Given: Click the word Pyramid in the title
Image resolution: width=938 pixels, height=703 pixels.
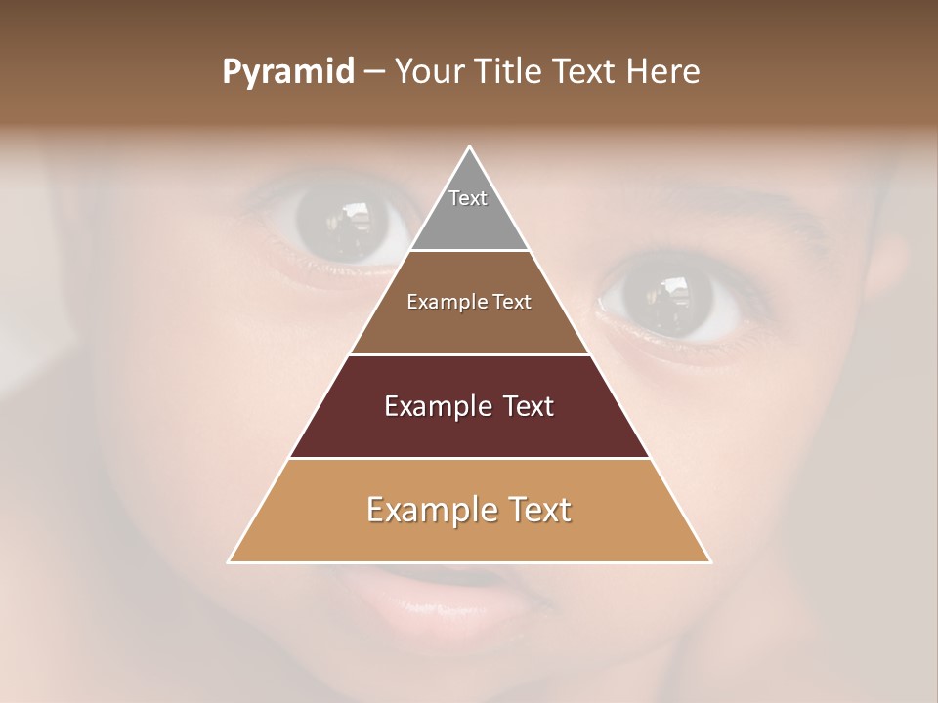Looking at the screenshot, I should [x=288, y=72].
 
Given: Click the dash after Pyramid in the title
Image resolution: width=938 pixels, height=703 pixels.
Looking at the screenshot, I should [x=374, y=73].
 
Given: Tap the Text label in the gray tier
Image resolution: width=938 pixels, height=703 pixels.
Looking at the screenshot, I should [x=468, y=198].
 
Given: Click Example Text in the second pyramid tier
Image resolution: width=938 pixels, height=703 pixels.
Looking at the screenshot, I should [x=469, y=302].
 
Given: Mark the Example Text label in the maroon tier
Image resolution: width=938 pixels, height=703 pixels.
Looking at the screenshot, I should [x=469, y=406].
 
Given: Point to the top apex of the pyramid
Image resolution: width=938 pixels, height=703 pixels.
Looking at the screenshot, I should [x=470, y=147].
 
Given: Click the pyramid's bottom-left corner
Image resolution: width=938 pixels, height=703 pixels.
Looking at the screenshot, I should [x=230, y=561].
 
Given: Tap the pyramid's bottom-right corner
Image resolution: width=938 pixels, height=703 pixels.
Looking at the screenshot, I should [x=709, y=561].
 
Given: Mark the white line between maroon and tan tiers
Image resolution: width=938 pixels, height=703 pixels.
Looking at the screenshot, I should [x=469, y=458].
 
